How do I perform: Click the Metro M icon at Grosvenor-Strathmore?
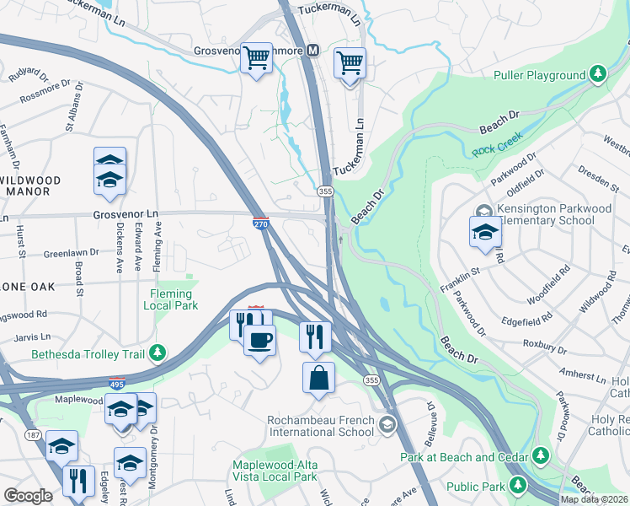pyautogui.click(x=313, y=51)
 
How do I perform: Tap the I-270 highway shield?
pyautogui.click(x=260, y=222)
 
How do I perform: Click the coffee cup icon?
pyautogui.click(x=259, y=340)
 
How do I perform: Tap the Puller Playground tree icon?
pyautogui.click(x=597, y=75)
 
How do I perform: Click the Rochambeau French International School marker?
pyautogui.click(x=387, y=423)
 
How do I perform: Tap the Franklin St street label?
pyautogui.click(x=462, y=272)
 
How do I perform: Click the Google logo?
pyautogui.click(x=28, y=495)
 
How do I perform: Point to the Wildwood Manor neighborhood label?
pyautogui.click(x=31, y=186)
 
